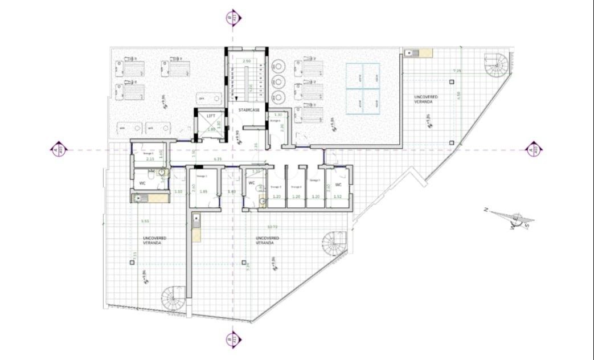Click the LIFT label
coord(211,116)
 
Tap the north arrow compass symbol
coord(515,219)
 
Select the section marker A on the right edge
coord(532,150)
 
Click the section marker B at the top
coord(231,18)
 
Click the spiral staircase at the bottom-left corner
coord(173,298)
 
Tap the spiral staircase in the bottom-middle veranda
coord(334,244)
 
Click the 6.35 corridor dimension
coord(218,159)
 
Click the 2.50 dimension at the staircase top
coord(247,61)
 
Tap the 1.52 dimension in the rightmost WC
coord(338,197)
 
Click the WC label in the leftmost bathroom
coord(142,183)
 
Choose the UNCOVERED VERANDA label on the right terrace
coord(427,99)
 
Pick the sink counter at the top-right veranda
coord(419,53)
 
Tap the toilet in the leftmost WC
coord(162,171)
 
